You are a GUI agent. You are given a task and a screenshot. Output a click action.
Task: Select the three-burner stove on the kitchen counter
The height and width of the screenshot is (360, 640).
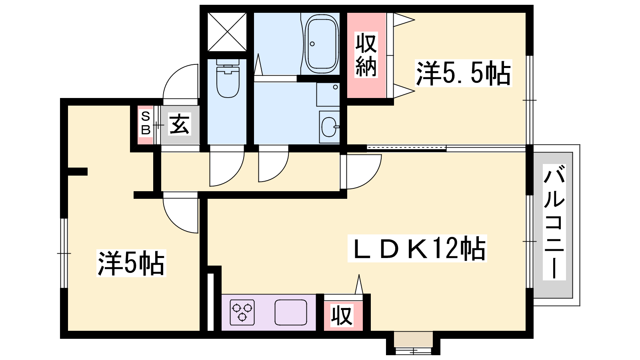[242, 312]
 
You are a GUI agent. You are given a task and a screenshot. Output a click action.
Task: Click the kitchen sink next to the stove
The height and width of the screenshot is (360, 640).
[290, 312]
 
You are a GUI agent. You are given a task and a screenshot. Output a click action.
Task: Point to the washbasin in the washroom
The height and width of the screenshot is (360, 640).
[329, 127]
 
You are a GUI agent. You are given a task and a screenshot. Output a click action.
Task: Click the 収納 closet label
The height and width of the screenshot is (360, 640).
[366, 54]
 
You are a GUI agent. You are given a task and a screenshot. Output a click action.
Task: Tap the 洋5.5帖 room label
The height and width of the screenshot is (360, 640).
[463, 73]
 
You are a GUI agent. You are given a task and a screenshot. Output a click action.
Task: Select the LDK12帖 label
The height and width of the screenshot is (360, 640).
[417, 248]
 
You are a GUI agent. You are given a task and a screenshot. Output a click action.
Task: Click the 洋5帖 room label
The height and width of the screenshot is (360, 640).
[131, 263]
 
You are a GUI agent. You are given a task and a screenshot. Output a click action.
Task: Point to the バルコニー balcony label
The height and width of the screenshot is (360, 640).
[554, 222]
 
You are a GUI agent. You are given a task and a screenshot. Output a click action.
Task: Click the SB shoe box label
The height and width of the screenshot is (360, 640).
[146, 124]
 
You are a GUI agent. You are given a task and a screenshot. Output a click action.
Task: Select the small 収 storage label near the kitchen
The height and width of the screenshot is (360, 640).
[342, 316]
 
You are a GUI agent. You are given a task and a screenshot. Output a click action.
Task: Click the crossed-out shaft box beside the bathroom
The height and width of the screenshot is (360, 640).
[227, 32]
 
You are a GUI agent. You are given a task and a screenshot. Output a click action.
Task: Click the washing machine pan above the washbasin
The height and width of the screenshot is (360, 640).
[328, 94]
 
